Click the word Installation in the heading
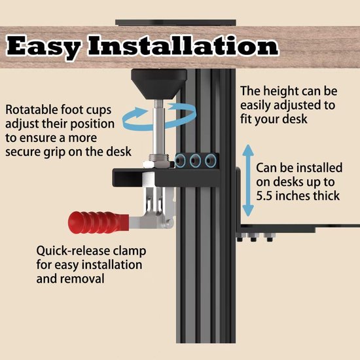click(x=183, y=45)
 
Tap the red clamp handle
click(x=99, y=223)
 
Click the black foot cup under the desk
click(x=159, y=84)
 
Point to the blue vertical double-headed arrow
click(x=248, y=181)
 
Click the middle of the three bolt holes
click(x=196, y=160)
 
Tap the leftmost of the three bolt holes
click(x=181, y=160)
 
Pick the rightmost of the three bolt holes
click(x=211, y=160)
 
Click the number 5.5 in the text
click(x=264, y=196)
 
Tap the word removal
click(x=82, y=279)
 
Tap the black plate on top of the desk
click(x=175, y=23)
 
